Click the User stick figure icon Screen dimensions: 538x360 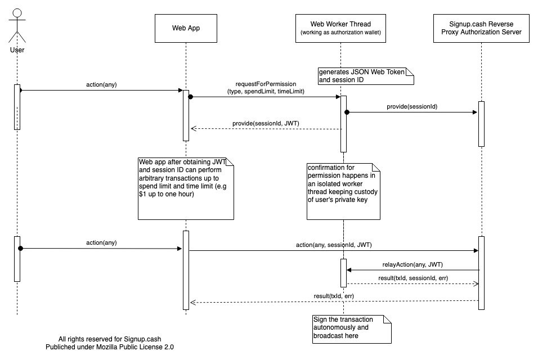[17, 26]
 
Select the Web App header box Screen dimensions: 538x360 [186, 29]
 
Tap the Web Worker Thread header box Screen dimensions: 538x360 [340, 29]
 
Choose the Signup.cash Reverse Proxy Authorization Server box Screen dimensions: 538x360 [481, 29]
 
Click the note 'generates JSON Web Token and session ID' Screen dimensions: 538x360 [366, 76]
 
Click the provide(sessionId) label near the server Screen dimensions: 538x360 [412, 107]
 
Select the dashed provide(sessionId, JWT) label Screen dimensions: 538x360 [266, 123]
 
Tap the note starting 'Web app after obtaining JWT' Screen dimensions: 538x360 [186, 188]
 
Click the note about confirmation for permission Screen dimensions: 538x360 [343, 191]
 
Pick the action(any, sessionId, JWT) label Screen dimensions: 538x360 [334, 245]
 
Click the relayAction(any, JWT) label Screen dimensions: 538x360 [413, 265]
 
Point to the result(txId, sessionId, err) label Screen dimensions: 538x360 [413, 278]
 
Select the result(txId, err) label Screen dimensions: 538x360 [334, 296]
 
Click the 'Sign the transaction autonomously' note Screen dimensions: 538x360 [352, 329]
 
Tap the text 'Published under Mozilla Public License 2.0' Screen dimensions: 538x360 [110, 347]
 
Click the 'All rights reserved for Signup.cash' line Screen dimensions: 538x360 [110, 339]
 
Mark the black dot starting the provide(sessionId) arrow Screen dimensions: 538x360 [347, 112]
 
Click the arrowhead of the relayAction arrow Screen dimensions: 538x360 [349, 270]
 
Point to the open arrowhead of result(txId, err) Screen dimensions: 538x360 [193, 303]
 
